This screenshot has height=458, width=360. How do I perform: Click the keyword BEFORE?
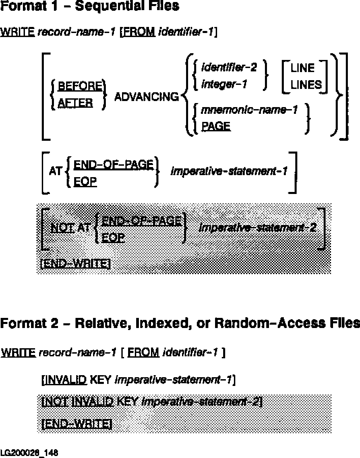coord(80,86)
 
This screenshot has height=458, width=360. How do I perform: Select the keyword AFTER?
coord(75,102)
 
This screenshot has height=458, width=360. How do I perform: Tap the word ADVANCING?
coord(147,97)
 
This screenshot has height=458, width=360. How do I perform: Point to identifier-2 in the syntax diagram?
coord(229,68)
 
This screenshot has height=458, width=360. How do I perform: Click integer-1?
coord(224,84)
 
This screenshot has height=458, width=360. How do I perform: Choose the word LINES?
coord(306,85)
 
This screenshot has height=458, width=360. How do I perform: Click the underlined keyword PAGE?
coord(216,126)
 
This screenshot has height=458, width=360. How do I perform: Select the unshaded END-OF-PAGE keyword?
coord(113,165)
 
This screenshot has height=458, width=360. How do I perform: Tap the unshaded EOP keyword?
coord(85,182)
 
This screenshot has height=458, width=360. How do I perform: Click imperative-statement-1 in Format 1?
coord(229,171)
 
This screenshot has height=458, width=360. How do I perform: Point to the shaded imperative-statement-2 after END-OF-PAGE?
coord(258,228)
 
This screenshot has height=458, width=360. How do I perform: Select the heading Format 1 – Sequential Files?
coord(90,6)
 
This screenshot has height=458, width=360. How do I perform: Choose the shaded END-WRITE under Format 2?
coord(77,423)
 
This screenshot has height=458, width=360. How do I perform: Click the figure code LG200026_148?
coord(29,452)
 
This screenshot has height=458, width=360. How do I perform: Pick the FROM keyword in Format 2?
coord(143,353)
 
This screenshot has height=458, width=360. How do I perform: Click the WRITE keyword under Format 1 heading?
coord(18,32)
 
